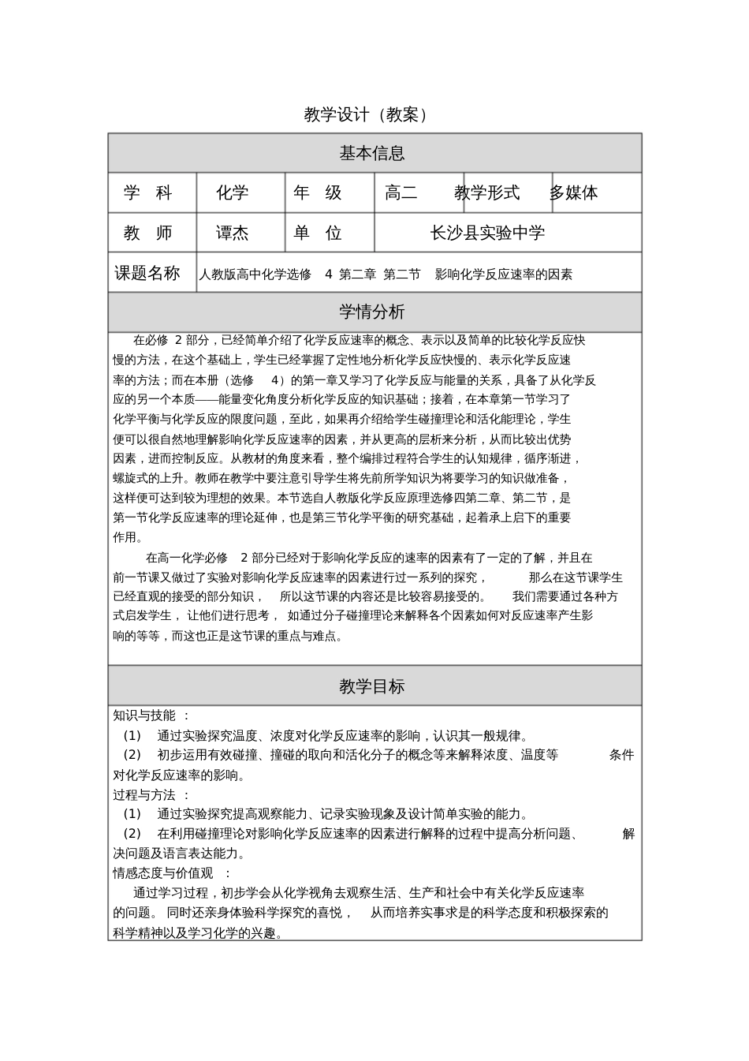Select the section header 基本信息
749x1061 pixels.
(x=372, y=153)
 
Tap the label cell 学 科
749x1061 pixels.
(x=148, y=192)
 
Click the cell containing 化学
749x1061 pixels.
(x=233, y=192)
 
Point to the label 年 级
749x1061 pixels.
(x=318, y=192)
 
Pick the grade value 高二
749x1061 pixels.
(x=401, y=192)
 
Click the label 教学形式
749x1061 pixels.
(x=487, y=192)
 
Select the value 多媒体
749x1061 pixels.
(x=574, y=192)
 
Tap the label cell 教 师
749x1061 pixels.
(x=148, y=233)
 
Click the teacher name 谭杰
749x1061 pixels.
(x=233, y=233)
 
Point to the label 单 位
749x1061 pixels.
(x=318, y=233)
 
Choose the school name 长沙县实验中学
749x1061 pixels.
(x=487, y=233)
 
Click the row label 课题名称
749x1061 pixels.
(x=147, y=273)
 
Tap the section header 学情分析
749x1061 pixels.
(x=372, y=312)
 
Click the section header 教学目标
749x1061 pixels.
(x=372, y=686)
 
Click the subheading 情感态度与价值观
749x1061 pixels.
(x=163, y=873)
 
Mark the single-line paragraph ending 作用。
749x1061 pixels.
(x=129, y=537)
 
